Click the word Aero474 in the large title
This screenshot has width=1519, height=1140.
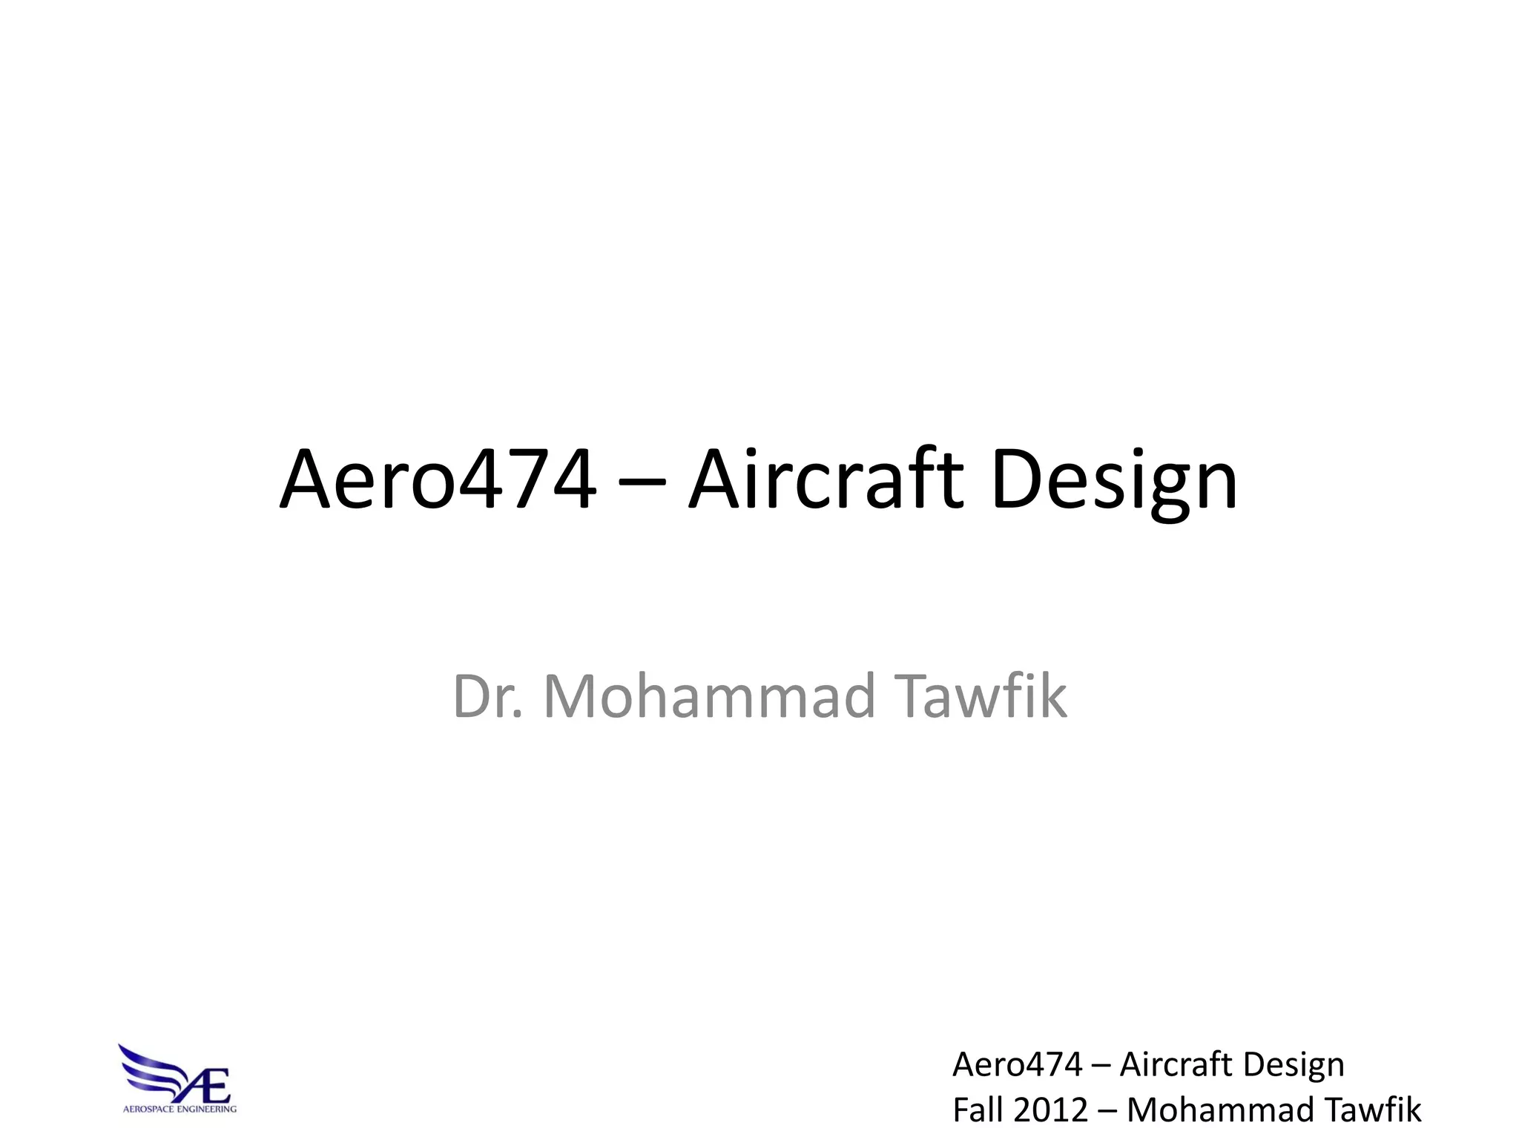coord(438,480)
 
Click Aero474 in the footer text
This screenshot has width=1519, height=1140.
coord(1017,1064)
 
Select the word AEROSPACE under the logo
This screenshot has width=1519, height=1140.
coord(147,1110)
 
